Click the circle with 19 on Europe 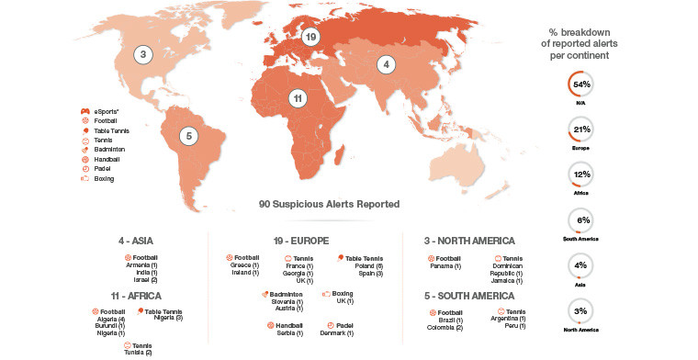311,37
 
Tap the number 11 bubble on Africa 298,98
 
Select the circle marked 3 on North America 142,55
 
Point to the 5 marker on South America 188,136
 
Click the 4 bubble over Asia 387,64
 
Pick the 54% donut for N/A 580,84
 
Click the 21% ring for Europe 580,129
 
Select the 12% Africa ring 580,174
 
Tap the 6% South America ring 580,220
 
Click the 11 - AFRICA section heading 136,296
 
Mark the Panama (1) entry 445,265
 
